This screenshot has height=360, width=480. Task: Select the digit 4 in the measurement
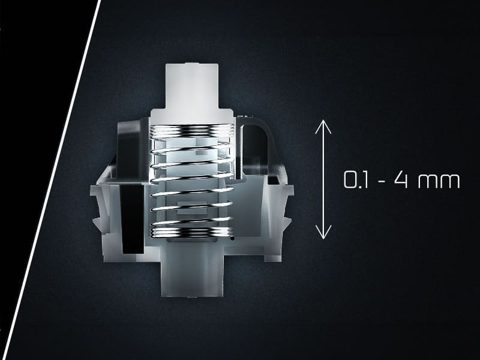pyautogui.click(x=401, y=179)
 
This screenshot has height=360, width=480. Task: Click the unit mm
pyautogui.click(x=439, y=182)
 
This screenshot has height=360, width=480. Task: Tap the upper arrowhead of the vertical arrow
pyautogui.click(x=323, y=127)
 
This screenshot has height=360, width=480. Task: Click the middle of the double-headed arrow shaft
pyautogui.click(x=323, y=179)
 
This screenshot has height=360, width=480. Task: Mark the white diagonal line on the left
pyautogui.click(x=50, y=180)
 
